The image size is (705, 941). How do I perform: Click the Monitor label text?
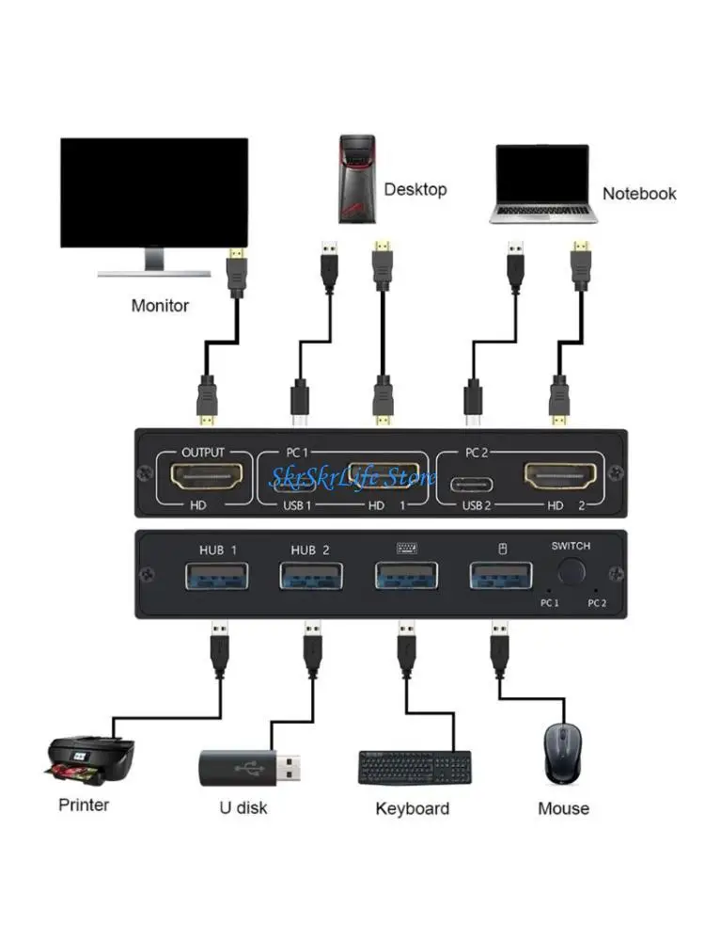click(160, 306)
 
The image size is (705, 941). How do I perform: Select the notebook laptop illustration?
click(543, 184)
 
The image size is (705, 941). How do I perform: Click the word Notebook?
click(639, 194)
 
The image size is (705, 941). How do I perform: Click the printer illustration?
click(91, 759)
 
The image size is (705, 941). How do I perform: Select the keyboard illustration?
click(415, 767)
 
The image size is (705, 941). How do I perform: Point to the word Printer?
click(84, 805)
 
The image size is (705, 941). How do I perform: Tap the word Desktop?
click(415, 190)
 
